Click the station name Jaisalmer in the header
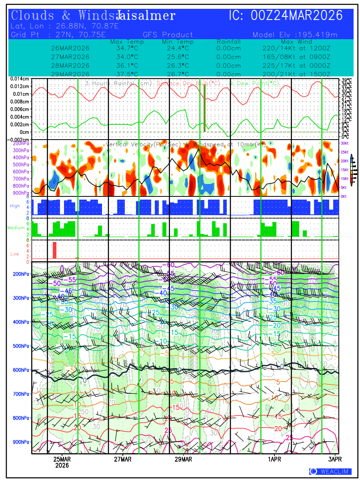(x=146, y=16)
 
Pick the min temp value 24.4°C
(x=178, y=48)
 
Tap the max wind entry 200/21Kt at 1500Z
(x=294, y=74)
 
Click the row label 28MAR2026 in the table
(x=70, y=66)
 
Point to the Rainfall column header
(x=228, y=42)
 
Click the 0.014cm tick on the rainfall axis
(x=20, y=79)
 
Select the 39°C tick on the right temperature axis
(x=347, y=80)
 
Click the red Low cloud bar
(x=55, y=250)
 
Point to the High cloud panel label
(x=15, y=206)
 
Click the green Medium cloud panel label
(x=16, y=228)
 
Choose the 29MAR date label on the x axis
(x=183, y=459)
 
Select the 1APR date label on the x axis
(x=275, y=459)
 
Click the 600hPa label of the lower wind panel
(x=21, y=370)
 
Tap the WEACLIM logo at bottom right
(x=330, y=472)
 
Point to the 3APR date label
(x=335, y=459)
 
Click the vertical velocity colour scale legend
(x=352, y=170)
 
